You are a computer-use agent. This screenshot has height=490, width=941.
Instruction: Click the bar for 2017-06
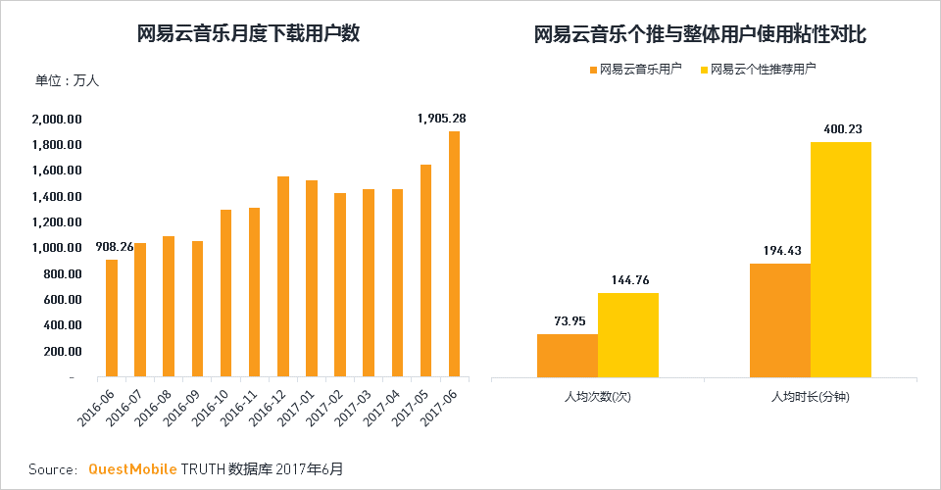454,254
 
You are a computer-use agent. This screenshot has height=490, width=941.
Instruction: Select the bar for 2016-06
112,318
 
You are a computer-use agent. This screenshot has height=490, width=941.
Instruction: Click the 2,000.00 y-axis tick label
56,120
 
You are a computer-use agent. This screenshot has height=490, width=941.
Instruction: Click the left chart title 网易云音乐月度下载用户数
249,34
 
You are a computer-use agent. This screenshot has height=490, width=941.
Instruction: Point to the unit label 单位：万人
68,80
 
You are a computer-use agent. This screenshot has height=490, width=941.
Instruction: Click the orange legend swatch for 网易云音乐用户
593,70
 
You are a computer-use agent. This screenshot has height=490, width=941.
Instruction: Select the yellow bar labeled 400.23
840,260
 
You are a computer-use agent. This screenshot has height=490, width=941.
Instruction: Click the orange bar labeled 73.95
568,356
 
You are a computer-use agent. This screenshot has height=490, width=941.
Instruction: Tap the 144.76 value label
628,279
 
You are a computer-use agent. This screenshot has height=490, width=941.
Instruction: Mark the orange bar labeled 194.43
780,320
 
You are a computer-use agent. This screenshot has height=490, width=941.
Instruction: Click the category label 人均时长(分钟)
811,397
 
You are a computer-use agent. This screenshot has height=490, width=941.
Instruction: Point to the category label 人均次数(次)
598,397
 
